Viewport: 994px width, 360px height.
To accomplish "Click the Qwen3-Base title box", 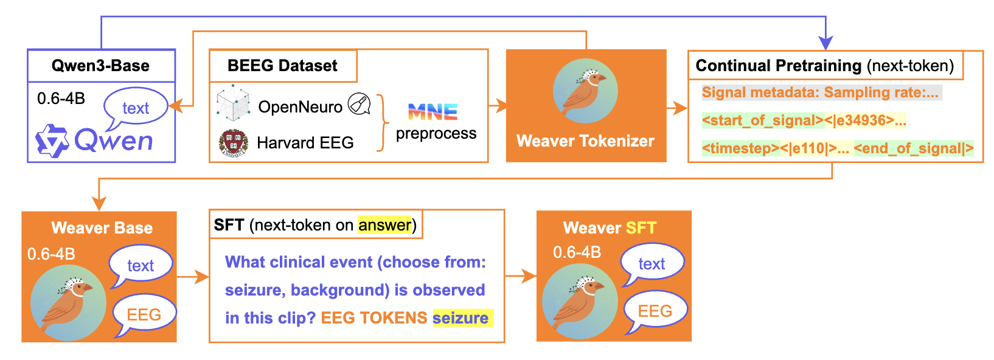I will [x=101, y=66].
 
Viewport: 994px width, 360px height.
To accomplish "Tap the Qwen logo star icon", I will [x=52, y=141].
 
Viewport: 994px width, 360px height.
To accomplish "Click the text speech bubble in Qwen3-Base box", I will [x=135, y=107].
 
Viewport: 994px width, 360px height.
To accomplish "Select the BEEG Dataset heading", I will [x=282, y=66].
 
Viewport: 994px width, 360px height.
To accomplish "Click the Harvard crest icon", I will [x=233, y=144].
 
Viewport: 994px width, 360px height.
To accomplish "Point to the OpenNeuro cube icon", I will [x=233, y=103].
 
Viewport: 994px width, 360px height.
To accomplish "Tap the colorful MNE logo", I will [x=433, y=112].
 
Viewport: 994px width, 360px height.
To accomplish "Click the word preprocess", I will [x=436, y=133].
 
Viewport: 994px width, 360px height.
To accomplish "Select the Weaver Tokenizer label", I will [x=585, y=141].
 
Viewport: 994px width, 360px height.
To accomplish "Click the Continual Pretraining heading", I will [x=824, y=66].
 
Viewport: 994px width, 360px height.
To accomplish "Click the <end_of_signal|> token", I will [x=913, y=148].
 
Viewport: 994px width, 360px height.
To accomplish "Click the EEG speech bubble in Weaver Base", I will [x=144, y=314].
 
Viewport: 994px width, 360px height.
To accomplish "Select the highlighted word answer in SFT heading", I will [x=384, y=225].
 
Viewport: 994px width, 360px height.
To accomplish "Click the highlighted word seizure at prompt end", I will [x=461, y=318].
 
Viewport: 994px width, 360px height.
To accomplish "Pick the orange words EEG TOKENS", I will [x=374, y=318].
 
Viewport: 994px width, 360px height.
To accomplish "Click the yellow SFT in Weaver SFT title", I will [x=641, y=228].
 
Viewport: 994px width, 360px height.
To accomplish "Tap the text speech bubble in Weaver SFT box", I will [x=652, y=263].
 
